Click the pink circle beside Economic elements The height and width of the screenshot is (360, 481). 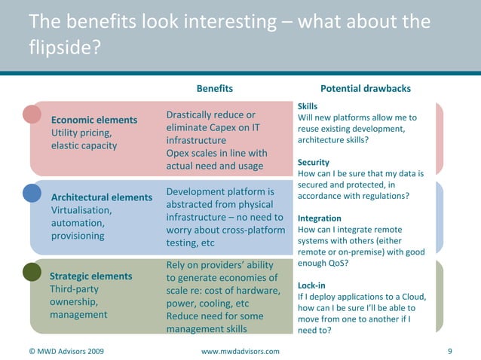(x=32, y=114)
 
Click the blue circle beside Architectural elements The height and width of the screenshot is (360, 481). (x=32, y=193)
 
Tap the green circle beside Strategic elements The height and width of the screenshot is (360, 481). (x=32, y=271)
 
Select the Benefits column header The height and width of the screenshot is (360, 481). (x=215, y=88)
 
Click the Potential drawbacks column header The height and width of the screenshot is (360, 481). (x=366, y=88)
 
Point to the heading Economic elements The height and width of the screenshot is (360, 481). (x=94, y=121)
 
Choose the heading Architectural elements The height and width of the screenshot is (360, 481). (x=101, y=197)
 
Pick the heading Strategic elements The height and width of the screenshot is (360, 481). (x=90, y=276)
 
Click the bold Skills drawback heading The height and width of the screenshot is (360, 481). (x=308, y=107)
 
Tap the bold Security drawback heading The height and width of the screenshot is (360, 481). (x=314, y=163)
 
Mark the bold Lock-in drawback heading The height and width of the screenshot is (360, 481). (x=312, y=285)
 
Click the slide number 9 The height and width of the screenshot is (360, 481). (x=449, y=351)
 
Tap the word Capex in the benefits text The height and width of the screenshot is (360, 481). (x=228, y=127)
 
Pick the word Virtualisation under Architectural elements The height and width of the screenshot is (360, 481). (x=81, y=210)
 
